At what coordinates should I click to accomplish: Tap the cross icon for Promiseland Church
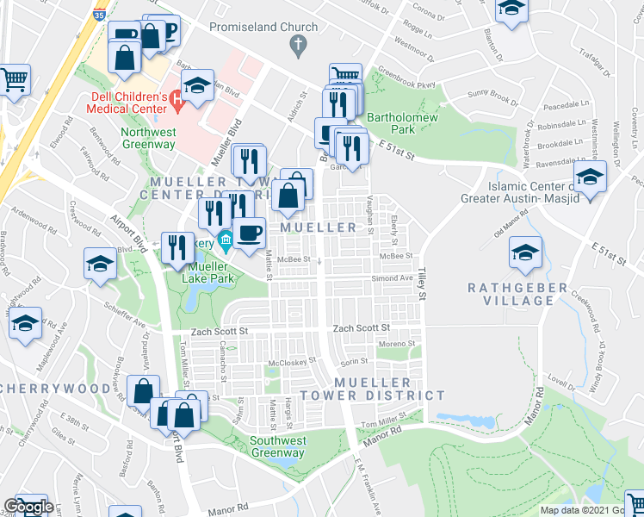[x=298, y=45]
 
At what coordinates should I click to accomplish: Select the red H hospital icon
[x=178, y=100]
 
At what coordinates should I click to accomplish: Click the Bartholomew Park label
[x=391, y=123]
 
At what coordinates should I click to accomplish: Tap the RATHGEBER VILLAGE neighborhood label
[x=517, y=294]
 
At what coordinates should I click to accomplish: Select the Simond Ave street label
[x=392, y=278]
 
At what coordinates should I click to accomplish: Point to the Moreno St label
[x=398, y=345]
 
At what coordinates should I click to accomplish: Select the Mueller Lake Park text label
[x=210, y=273]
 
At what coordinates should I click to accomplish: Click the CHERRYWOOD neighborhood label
[x=55, y=388]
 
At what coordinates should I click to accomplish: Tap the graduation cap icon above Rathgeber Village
[x=524, y=252]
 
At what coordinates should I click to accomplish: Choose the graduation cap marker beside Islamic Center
[x=590, y=178]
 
